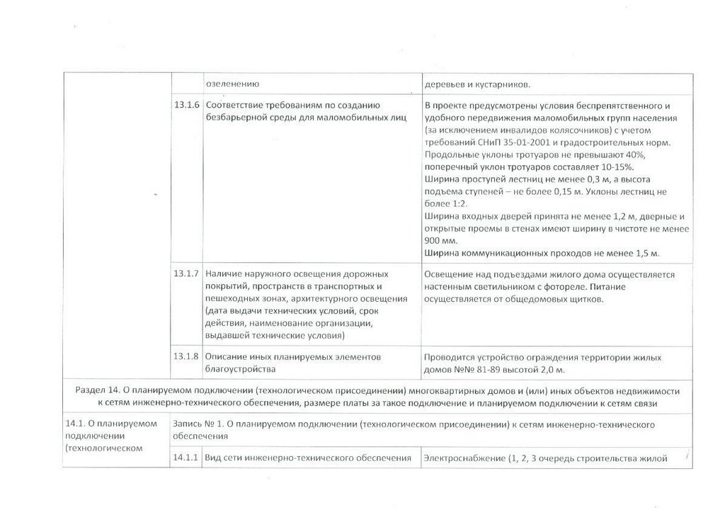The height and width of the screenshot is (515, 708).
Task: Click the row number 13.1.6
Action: (187, 106)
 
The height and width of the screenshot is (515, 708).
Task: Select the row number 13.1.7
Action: (187, 273)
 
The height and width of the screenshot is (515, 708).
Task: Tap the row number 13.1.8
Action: (187, 356)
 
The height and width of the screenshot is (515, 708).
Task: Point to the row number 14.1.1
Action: (187, 458)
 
